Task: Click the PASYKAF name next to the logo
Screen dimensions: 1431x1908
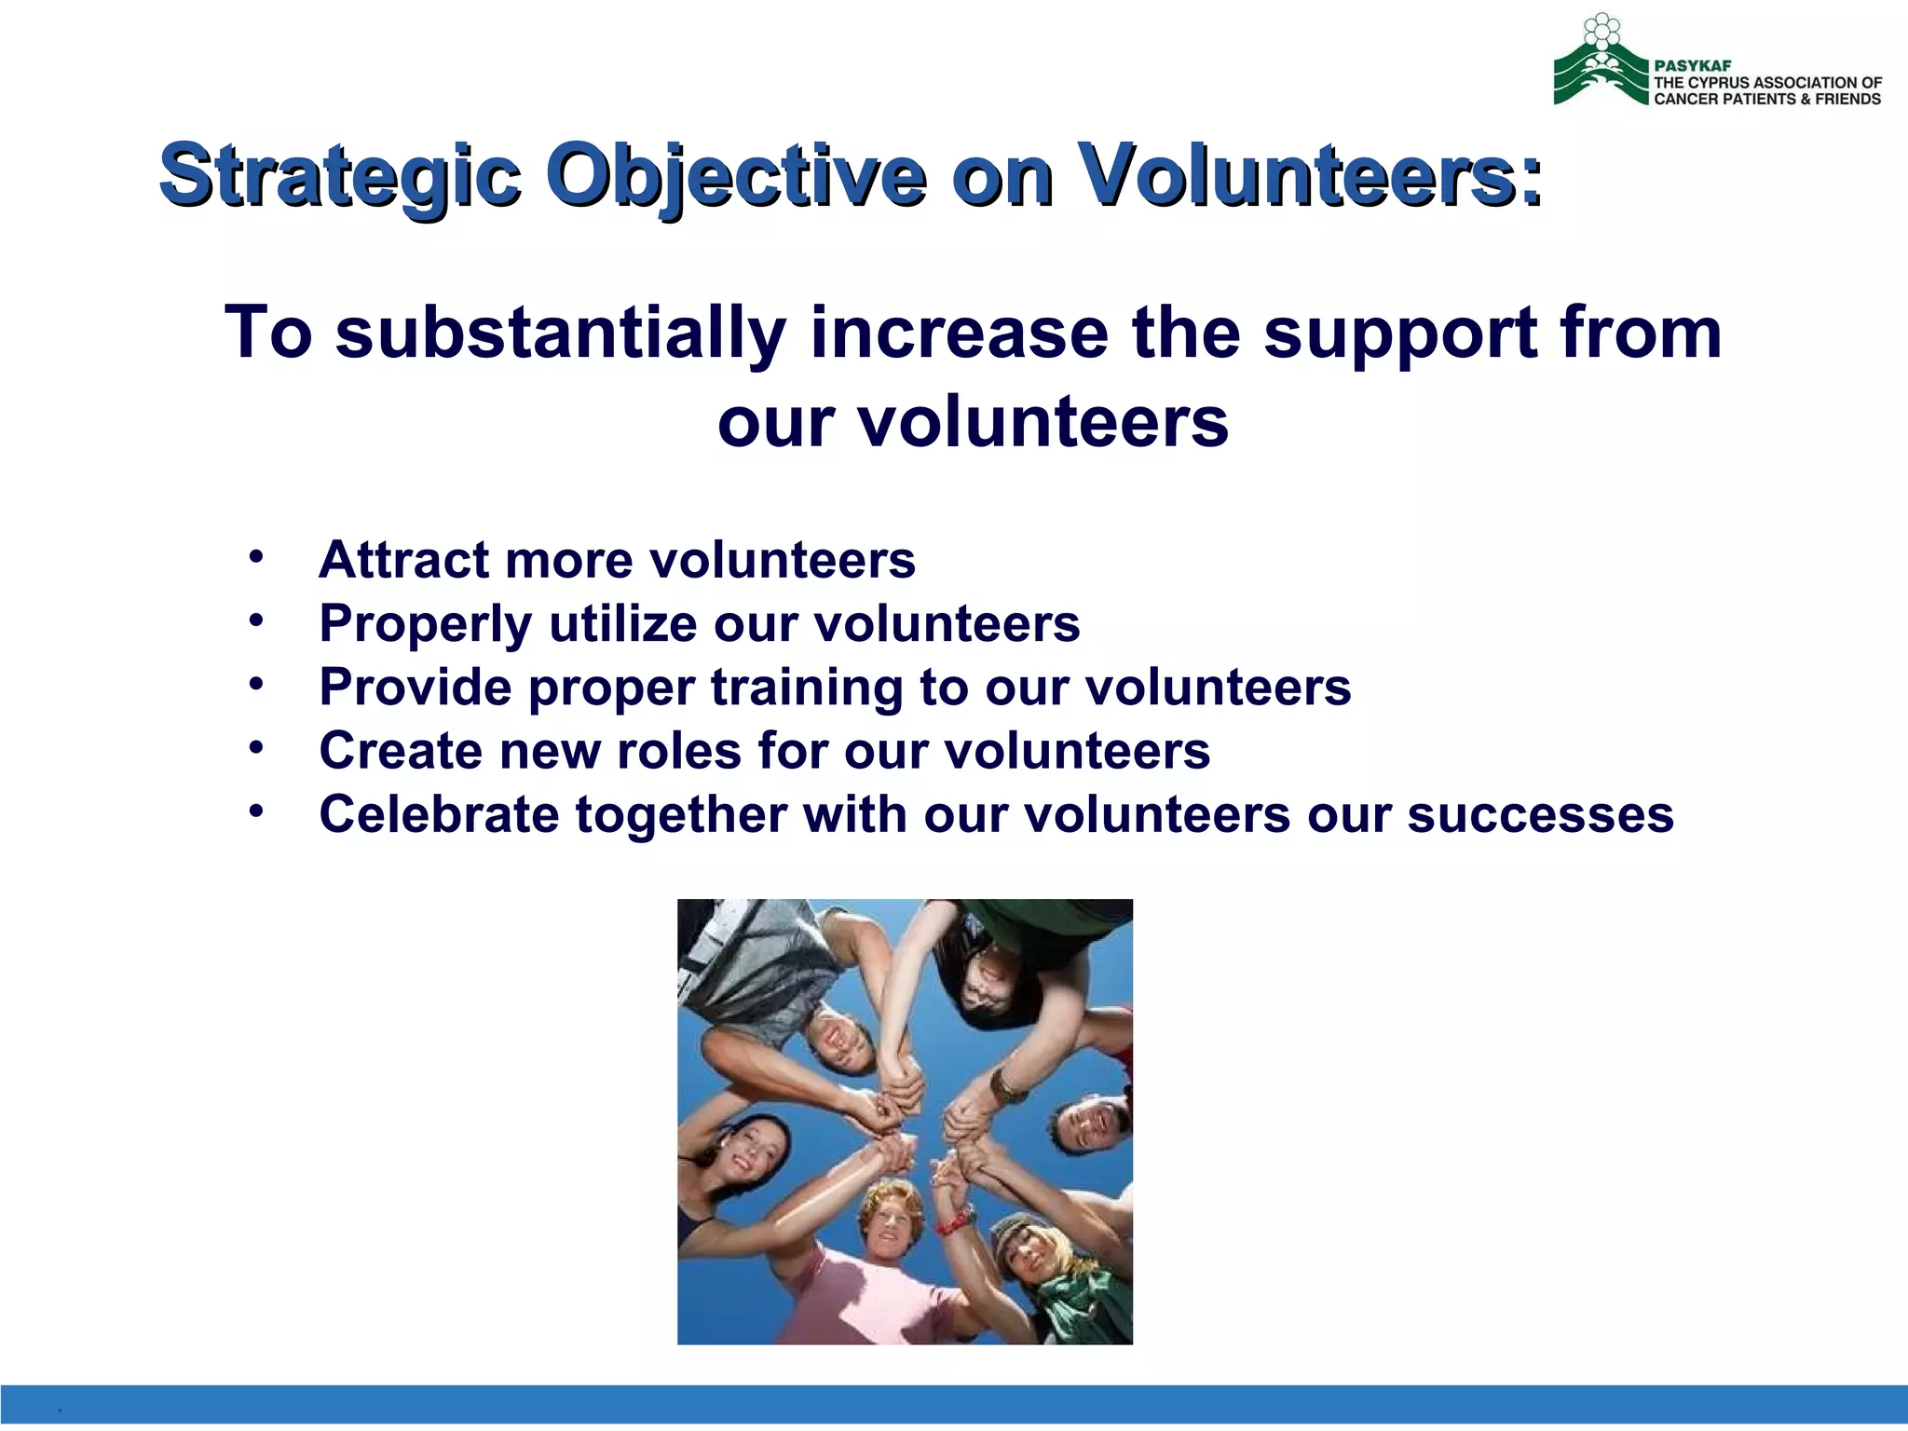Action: pyautogui.click(x=1692, y=66)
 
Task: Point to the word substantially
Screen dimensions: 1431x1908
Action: pyautogui.click(x=560, y=334)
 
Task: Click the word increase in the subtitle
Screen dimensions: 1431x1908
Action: pyautogui.click(x=959, y=334)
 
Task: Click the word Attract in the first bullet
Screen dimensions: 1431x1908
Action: pyautogui.click(x=403, y=560)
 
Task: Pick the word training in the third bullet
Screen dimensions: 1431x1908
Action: pyautogui.click(x=807, y=688)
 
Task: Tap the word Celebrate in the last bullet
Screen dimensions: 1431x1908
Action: pyautogui.click(x=439, y=814)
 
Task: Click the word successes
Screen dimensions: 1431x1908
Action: pyautogui.click(x=1540, y=814)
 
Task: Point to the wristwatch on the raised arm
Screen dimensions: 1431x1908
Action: pyautogui.click(x=1005, y=1085)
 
